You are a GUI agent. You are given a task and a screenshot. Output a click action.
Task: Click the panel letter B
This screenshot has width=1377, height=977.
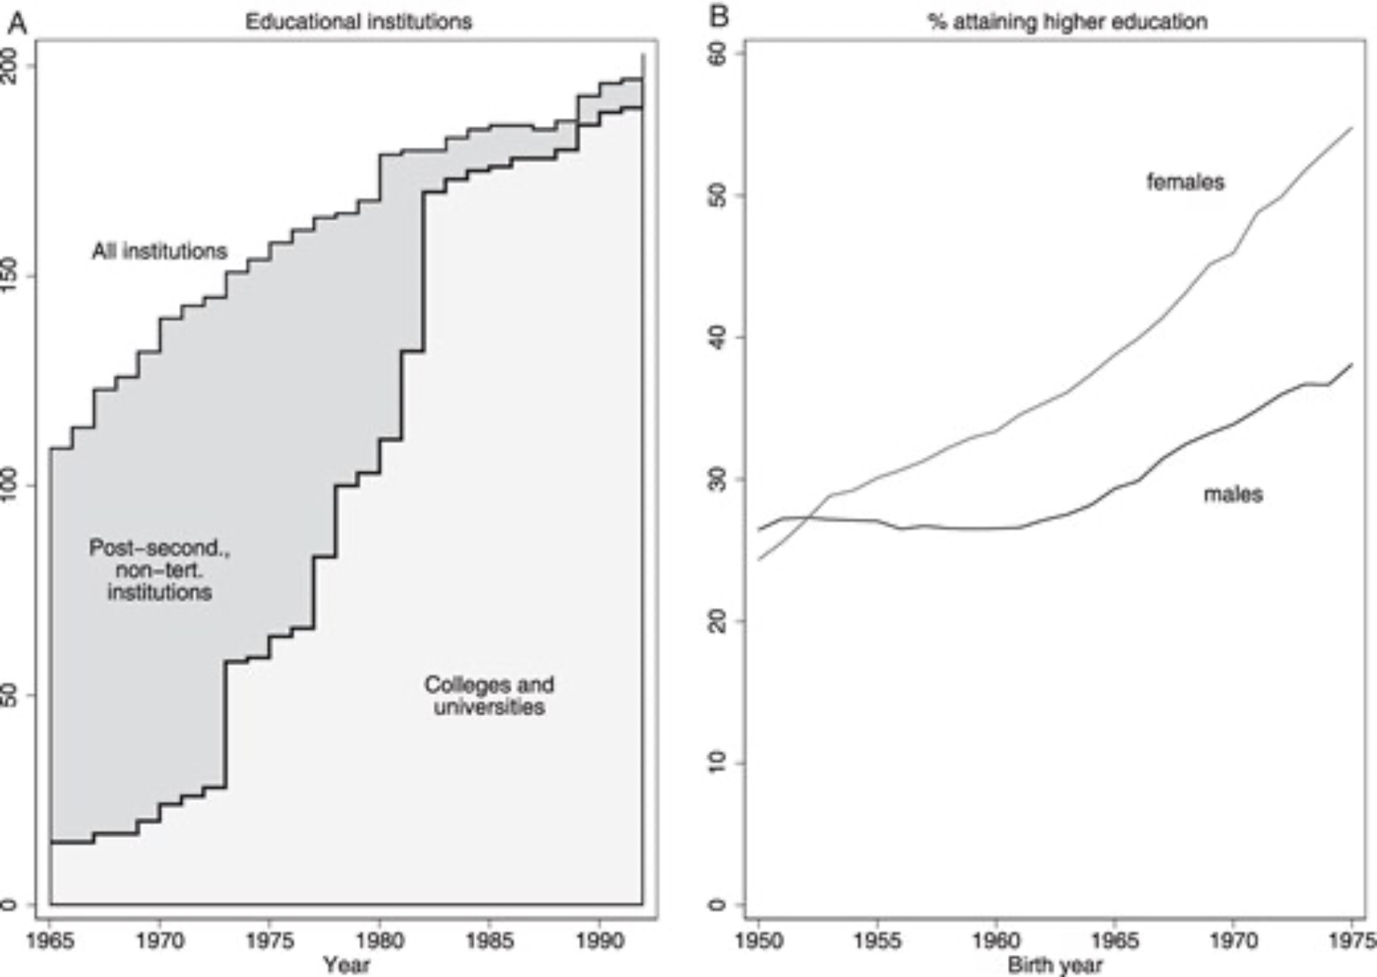719,16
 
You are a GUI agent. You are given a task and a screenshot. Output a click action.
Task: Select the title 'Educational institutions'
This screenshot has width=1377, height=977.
359,21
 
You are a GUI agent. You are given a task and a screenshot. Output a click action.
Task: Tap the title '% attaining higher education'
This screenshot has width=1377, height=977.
1067,21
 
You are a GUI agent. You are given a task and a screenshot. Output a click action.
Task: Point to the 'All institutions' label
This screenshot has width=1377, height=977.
160,251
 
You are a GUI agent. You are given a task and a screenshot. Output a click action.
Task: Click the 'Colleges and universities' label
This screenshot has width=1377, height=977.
489,695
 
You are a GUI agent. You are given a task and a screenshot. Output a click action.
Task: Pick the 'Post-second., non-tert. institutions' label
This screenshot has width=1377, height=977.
160,570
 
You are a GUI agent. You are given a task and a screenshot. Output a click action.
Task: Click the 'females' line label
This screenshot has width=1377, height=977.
1186,182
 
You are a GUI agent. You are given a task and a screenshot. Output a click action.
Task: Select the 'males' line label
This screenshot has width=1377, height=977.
1233,494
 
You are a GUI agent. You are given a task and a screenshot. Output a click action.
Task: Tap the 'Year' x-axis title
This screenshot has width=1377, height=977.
346,965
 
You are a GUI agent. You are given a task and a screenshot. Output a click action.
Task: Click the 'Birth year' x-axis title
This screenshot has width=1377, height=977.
1055,965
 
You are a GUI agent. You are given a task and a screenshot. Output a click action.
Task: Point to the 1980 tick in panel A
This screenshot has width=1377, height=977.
379,940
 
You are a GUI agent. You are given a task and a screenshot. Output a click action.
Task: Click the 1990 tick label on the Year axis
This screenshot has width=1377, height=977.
599,940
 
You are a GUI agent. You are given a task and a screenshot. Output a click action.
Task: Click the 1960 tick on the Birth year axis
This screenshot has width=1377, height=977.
996,940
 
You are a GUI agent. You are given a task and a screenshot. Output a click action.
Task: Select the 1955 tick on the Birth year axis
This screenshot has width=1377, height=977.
877,940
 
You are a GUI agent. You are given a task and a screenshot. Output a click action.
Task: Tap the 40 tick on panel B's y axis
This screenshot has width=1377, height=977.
717,337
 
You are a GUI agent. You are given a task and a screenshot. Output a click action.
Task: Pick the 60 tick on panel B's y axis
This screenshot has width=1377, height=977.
717,54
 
